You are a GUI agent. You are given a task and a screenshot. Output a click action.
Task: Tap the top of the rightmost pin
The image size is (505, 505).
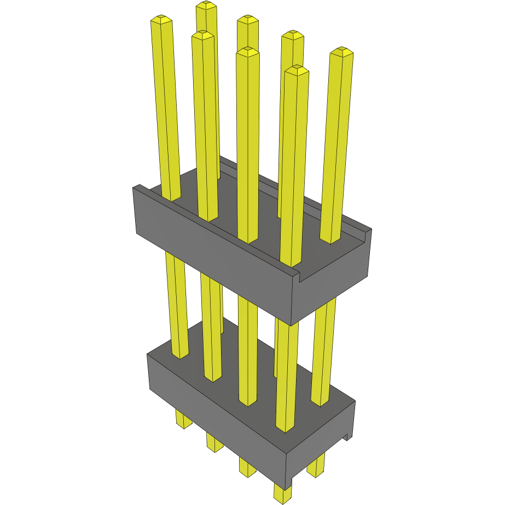click(x=342, y=52)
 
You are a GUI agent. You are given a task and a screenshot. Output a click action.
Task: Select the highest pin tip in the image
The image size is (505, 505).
click(x=206, y=5)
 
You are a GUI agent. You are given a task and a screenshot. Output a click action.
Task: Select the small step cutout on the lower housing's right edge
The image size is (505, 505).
click(x=347, y=436)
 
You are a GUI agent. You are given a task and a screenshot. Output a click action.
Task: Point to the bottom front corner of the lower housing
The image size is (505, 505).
click(x=286, y=486)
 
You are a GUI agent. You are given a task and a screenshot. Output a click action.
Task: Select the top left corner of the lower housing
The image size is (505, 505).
click(x=148, y=355)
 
